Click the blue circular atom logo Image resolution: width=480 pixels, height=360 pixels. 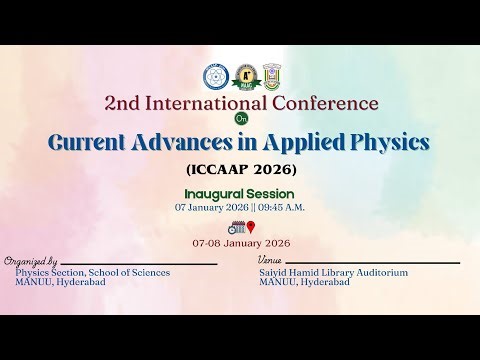(x=214, y=75)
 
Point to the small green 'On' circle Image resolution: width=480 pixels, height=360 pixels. (x=241, y=119)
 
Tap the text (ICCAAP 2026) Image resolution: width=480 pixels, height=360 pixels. (x=241, y=168)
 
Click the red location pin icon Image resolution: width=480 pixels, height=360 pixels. (x=251, y=227)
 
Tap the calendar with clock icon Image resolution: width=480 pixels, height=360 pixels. (x=235, y=227)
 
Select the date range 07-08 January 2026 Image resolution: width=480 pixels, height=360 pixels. (x=241, y=243)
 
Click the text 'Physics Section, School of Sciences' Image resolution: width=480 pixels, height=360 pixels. (x=92, y=272)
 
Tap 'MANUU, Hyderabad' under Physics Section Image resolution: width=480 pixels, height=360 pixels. (x=60, y=282)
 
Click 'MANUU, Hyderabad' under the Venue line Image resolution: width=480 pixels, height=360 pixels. (x=304, y=282)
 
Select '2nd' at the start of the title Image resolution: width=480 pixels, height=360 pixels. (x=124, y=103)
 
